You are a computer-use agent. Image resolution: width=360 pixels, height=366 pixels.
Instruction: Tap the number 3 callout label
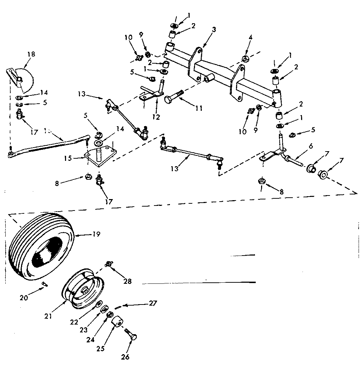coord(214,29)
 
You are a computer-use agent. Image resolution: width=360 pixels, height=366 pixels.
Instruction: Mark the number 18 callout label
coord(31,54)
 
